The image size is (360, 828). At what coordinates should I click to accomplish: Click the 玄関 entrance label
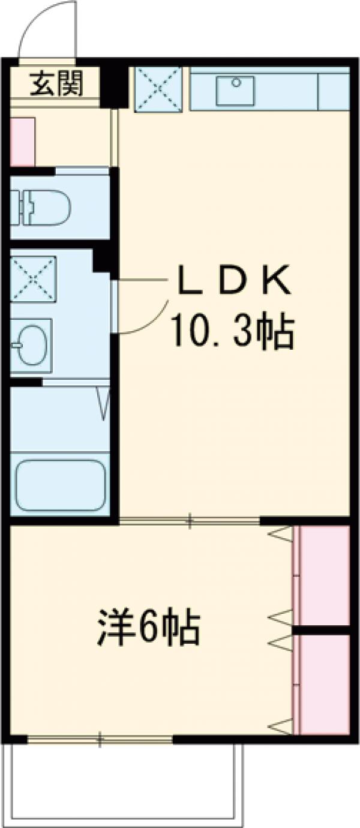click(56, 83)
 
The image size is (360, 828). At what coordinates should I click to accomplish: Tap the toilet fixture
click(42, 207)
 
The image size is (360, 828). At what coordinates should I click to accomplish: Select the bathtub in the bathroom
click(60, 485)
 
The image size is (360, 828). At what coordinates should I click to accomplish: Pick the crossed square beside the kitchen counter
click(158, 89)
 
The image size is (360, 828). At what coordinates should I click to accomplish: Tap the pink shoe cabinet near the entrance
click(23, 142)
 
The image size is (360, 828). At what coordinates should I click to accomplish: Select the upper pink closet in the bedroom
click(324, 575)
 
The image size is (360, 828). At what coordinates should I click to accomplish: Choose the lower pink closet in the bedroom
click(324, 684)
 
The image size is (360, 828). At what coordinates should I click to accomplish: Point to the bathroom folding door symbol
click(103, 403)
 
